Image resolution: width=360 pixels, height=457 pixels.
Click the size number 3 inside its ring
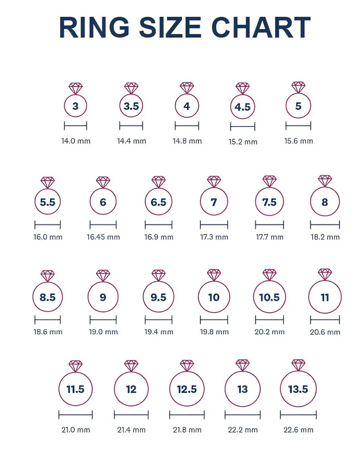[x=75, y=107]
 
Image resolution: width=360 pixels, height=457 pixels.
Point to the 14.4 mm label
[x=131, y=141]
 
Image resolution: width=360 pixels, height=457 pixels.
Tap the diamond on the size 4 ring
[x=187, y=87]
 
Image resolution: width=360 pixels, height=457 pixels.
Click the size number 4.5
[x=243, y=107]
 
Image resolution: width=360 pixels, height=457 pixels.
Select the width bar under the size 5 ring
[x=298, y=126]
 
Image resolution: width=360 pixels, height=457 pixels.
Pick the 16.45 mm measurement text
[x=103, y=237]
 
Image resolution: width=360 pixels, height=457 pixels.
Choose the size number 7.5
[x=269, y=202]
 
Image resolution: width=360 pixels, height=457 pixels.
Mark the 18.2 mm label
[x=325, y=237]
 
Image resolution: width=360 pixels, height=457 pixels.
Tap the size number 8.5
[x=47, y=297]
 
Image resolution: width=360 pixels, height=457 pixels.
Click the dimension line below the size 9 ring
[x=103, y=320]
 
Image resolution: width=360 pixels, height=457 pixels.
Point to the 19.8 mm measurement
[x=214, y=332]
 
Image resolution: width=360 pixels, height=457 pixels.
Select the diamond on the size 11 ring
[x=325, y=274]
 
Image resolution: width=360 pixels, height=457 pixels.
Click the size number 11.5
[x=75, y=389]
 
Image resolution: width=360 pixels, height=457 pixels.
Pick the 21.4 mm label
[x=131, y=430]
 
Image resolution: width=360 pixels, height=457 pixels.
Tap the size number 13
[x=243, y=389]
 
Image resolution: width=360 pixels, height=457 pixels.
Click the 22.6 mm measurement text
[x=298, y=430]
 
